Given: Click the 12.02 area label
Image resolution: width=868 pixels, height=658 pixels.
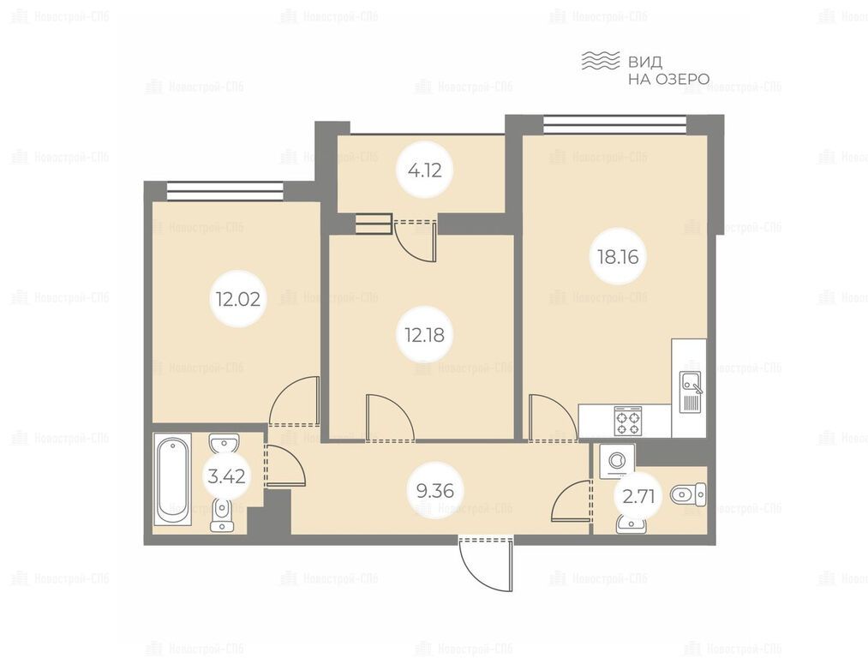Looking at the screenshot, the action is (238, 299).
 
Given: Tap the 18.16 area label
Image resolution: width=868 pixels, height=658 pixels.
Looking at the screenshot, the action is (618, 257).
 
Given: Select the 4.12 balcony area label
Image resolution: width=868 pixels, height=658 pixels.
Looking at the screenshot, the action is (425, 170).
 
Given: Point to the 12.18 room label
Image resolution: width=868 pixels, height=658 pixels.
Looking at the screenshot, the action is (425, 335).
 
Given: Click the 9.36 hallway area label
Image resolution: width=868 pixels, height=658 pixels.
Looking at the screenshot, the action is (435, 490).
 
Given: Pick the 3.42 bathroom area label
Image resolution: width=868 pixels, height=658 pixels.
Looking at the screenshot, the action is (226, 476).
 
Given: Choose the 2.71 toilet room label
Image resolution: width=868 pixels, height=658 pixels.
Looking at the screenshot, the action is (638, 496).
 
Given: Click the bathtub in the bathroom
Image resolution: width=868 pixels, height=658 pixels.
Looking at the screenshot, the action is (173, 479).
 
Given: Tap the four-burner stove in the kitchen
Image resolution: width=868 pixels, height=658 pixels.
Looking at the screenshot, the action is (628, 422).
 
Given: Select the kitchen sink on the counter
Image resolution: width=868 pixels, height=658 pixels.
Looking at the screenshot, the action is (691, 392).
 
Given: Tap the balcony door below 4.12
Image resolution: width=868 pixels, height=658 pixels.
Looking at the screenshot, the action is (416, 240).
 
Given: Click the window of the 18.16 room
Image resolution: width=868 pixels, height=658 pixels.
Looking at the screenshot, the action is (614, 124).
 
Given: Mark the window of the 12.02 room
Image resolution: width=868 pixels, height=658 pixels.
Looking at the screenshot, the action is (224, 191).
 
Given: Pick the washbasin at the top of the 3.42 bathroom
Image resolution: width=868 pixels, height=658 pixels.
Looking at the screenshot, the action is (224, 444).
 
